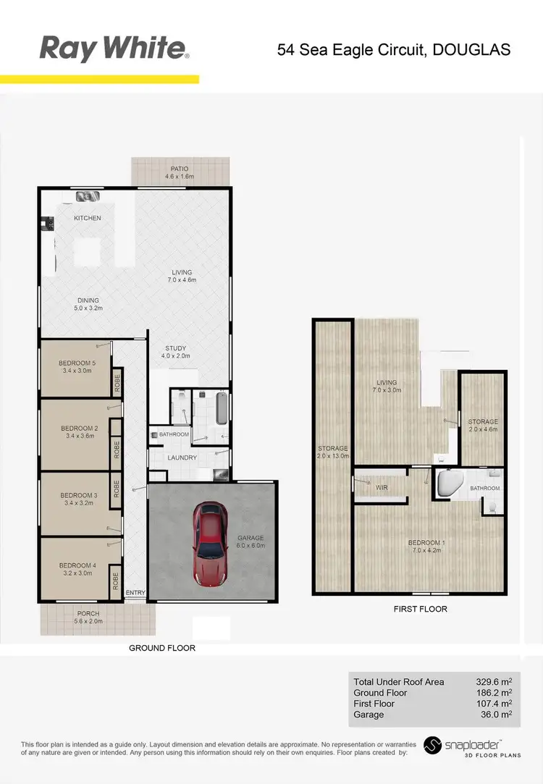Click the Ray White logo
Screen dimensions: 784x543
[114, 49]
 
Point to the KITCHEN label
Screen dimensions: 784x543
[88, 218]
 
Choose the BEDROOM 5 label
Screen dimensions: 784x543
[77, 363]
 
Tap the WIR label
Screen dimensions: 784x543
[382, 488]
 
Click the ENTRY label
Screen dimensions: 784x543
[135, 593]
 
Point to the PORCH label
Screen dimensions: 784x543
[88, 614]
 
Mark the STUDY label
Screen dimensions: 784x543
[176, 347]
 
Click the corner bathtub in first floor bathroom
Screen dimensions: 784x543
[452, 484]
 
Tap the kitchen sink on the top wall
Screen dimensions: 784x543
[88, 196]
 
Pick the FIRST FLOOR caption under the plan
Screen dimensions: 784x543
[420, 609]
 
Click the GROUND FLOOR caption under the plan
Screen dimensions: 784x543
[162, 648]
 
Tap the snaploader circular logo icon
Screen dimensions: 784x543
[433, 746]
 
